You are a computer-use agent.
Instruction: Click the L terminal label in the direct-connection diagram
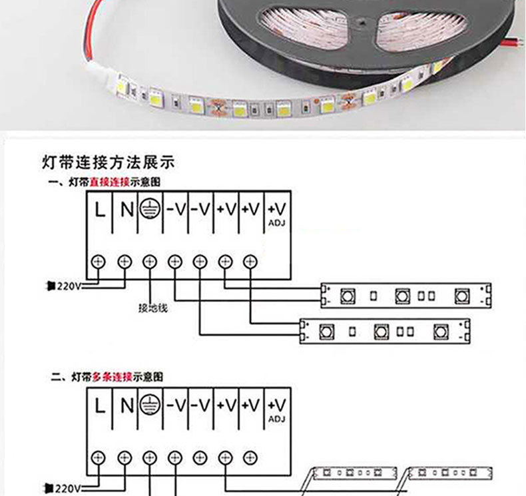pyautogui.click(x=100, y=210)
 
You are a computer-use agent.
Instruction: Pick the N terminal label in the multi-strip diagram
pyautogui.click(x=126, y=405)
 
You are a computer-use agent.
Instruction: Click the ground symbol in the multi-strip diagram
pyautogui.click(x=150, y=405)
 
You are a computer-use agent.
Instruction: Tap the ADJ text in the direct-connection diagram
pyautogui.click(x=277, y=223)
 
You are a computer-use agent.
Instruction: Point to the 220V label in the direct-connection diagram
pyautogui.click(x=67, y=286)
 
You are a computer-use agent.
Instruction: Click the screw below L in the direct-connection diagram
pyautogui.click(x=99, y=261)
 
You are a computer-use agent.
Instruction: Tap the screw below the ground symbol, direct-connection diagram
pyautogui.click(x=150, y=261)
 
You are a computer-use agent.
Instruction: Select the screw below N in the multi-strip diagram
pyautogui.click(x=125, y=457)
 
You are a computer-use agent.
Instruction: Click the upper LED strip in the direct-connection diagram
pyautogui.click(x=405, y=296)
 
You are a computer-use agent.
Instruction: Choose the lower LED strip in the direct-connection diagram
pyautogui.click(x=385, y=331)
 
